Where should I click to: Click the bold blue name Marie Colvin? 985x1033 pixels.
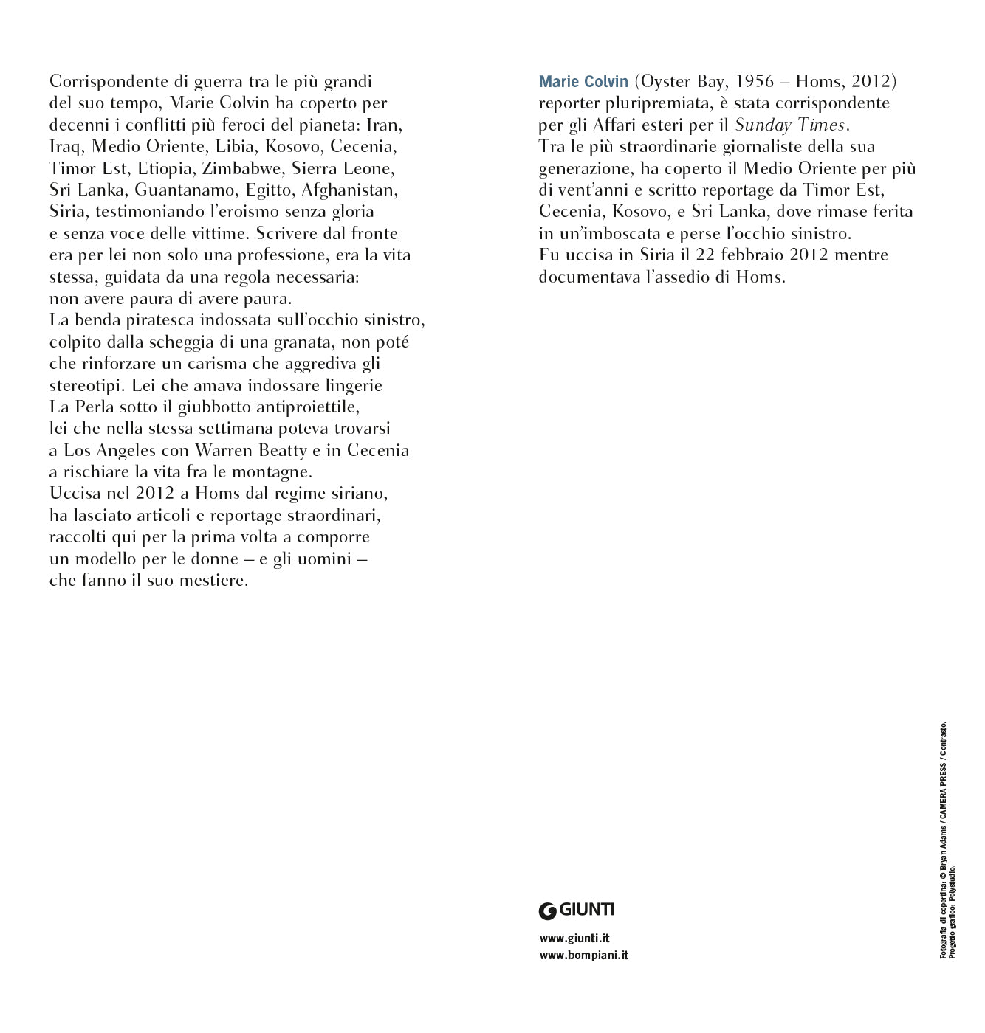coord(583,81)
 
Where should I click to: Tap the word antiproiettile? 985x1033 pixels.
coord(305,407)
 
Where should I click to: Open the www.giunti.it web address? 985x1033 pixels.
coord(574,939)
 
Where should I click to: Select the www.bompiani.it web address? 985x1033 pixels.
coord(583,956)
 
